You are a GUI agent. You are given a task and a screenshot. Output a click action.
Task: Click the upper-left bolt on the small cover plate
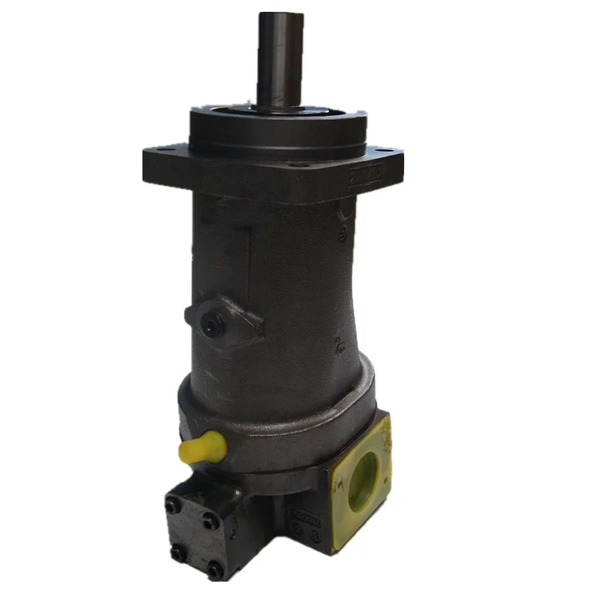click(x=171, y=506)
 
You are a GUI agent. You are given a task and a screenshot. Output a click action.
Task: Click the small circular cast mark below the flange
click(x=341, y=235)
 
